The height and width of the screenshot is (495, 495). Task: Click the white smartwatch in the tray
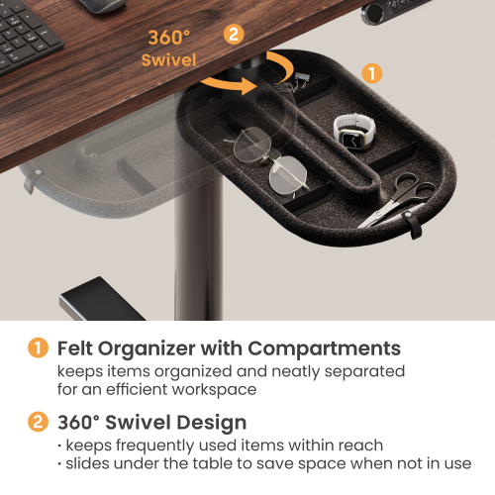[353, 132]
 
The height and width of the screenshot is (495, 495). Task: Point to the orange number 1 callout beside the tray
[372, 73]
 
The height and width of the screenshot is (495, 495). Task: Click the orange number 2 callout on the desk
[234, 34]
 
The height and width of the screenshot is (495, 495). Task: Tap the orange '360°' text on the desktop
[168, 38]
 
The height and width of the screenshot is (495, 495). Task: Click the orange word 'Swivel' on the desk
[168, 60]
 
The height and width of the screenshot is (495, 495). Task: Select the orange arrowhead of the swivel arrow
[248, 85]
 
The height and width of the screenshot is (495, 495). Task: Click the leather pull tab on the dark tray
[414, 225]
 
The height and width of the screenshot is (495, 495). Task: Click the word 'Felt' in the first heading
[74, 348]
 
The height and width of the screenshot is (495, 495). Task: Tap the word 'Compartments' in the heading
[324, 349]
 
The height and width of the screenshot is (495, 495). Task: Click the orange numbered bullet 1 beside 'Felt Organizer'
[38, 347]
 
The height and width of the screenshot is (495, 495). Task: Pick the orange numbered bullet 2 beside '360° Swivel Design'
[38, 422]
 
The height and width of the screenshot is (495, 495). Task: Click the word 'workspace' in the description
[214, 390]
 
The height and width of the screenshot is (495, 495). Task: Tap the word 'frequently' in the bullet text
[155, 445]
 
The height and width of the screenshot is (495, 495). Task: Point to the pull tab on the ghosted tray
[31, 180]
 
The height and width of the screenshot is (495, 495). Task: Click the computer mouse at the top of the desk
[103, 6]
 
